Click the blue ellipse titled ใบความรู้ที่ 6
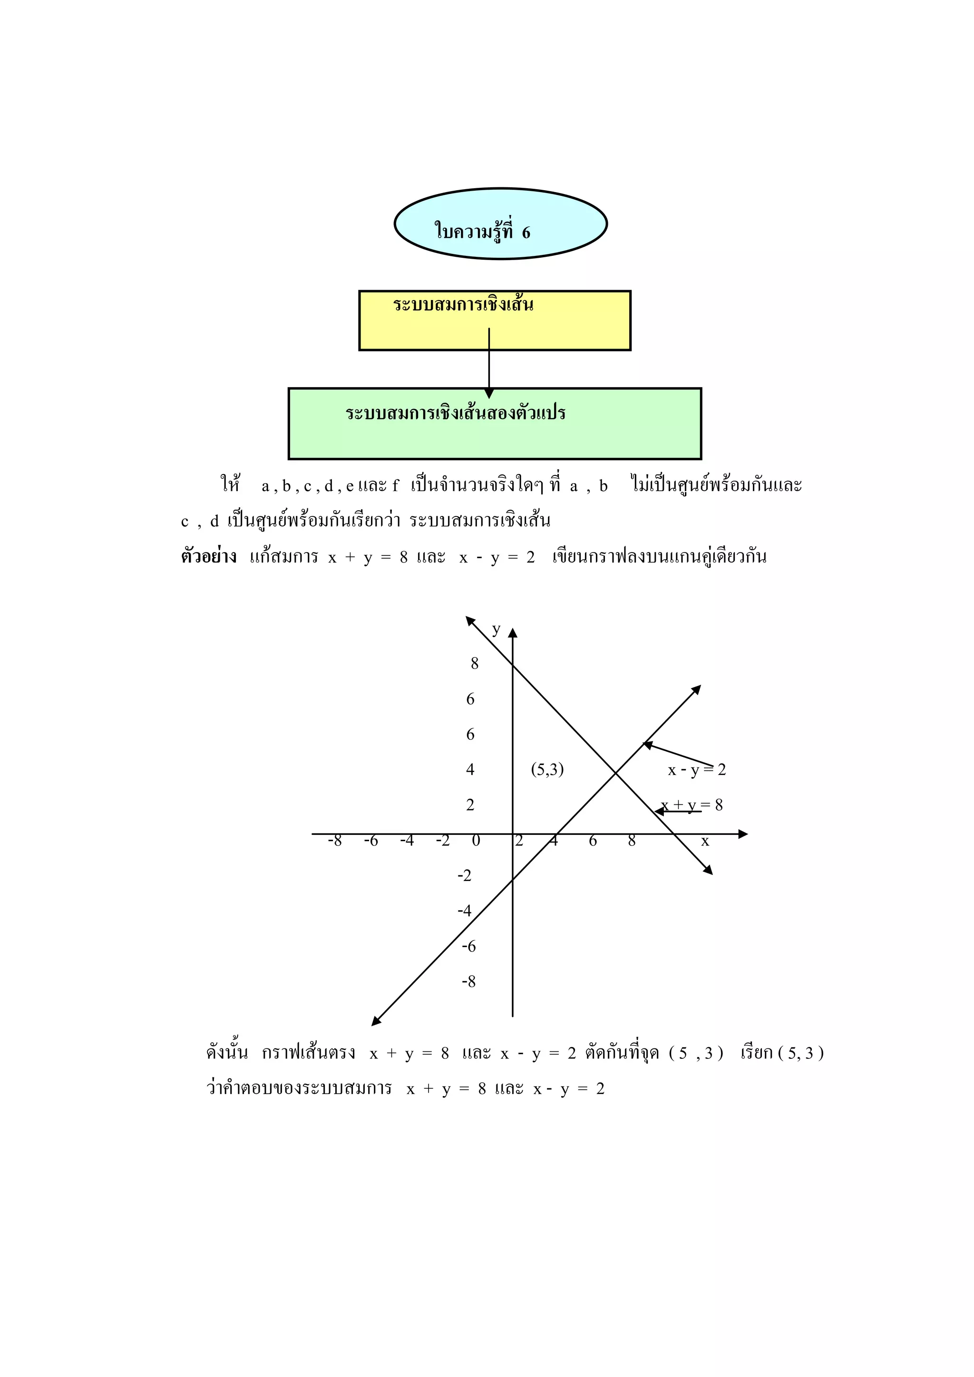click(500, 223)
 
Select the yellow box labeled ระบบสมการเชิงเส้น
click(494, 321)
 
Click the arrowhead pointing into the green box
click(489, 393)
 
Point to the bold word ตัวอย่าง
click(209, 557)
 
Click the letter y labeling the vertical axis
click(496, 629)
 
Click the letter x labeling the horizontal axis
click(705, 842)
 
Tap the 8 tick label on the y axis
click(475, 663)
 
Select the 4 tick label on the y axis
click(470, 769)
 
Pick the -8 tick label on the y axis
click(468, 982)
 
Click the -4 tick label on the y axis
click(465, 911)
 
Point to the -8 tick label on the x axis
click(335, 841)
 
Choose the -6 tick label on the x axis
click(371, 841)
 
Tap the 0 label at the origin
click(476, 841)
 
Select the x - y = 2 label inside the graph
click(697, 769)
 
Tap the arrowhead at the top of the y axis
click(512, 633)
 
